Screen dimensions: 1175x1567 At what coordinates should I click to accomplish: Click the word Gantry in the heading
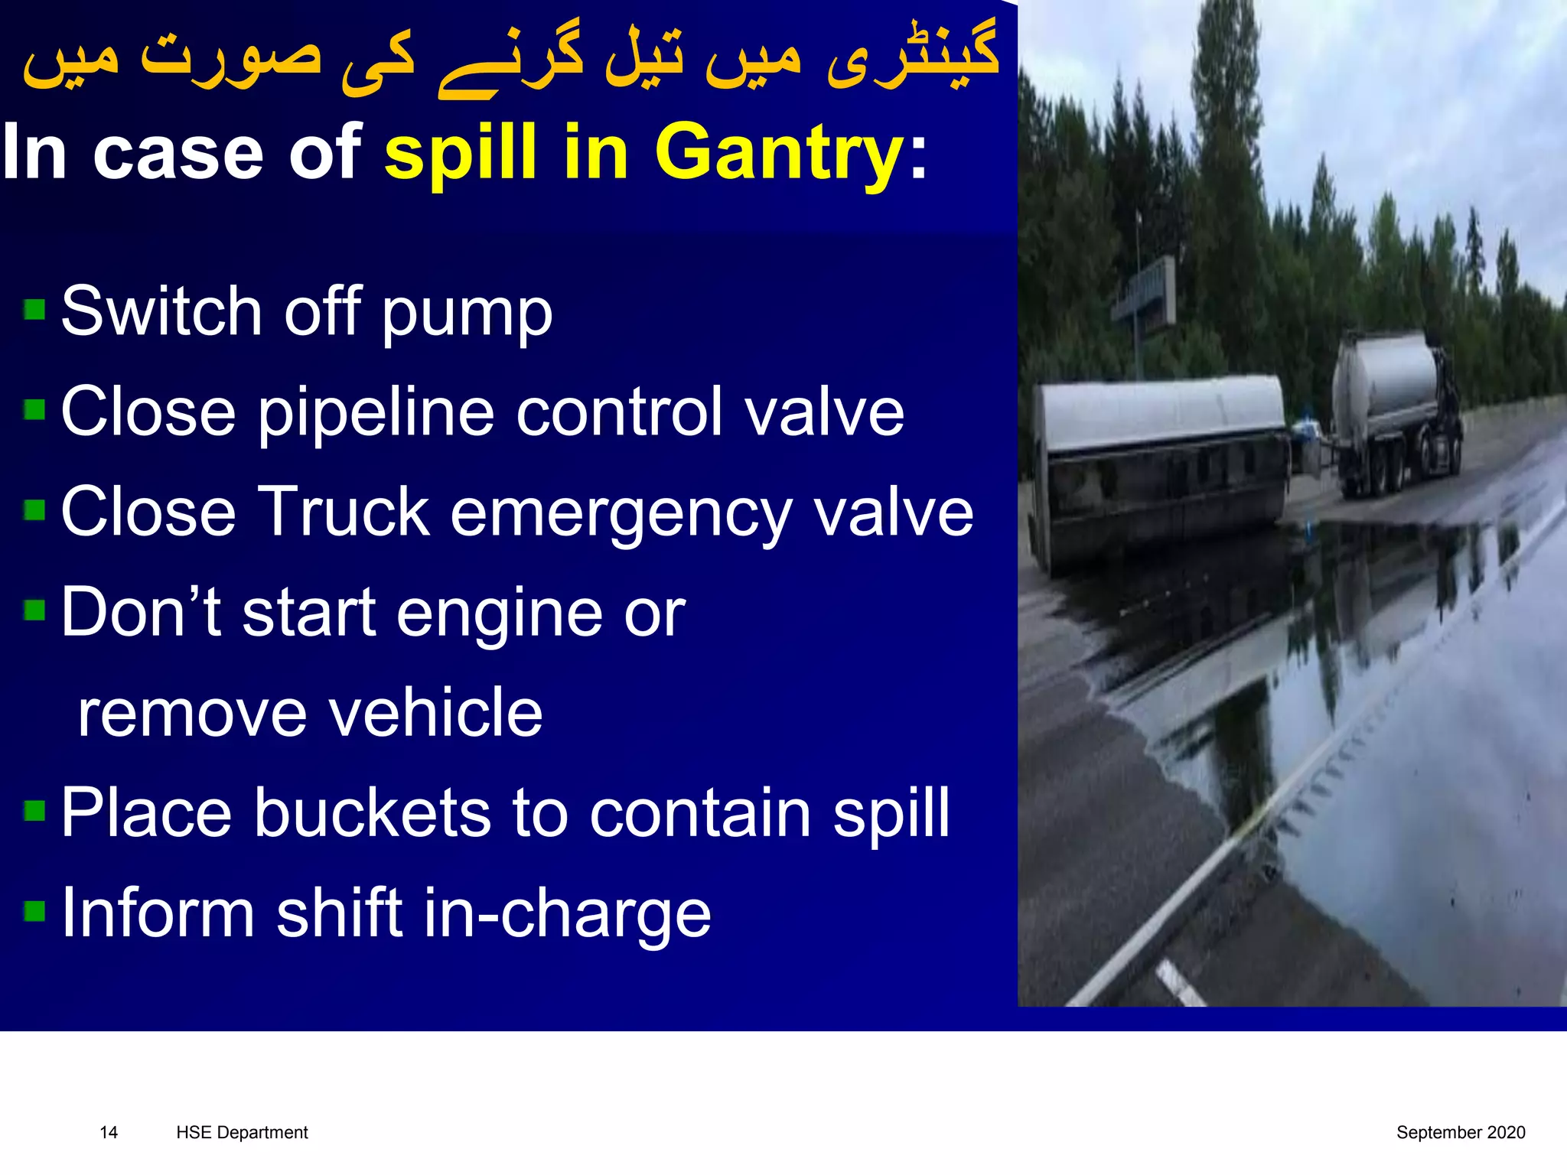779,154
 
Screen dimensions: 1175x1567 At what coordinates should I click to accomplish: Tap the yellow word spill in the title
461,154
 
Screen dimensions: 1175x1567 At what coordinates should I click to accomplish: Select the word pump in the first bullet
467,314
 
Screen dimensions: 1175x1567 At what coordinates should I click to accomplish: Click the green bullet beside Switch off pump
34,310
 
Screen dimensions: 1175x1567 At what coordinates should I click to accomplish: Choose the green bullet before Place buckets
34,810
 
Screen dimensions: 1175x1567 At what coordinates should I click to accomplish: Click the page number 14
109,1133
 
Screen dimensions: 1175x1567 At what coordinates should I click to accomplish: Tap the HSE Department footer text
242,1133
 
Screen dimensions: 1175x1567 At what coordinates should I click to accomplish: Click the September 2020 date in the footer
1460,1133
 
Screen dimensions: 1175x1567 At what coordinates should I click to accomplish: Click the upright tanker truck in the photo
1396,413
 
